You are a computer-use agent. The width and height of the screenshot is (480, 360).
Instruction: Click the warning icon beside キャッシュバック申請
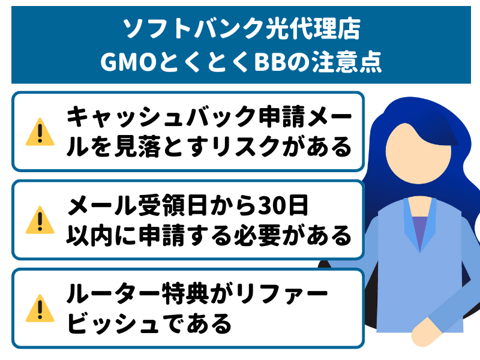pos(40,131)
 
